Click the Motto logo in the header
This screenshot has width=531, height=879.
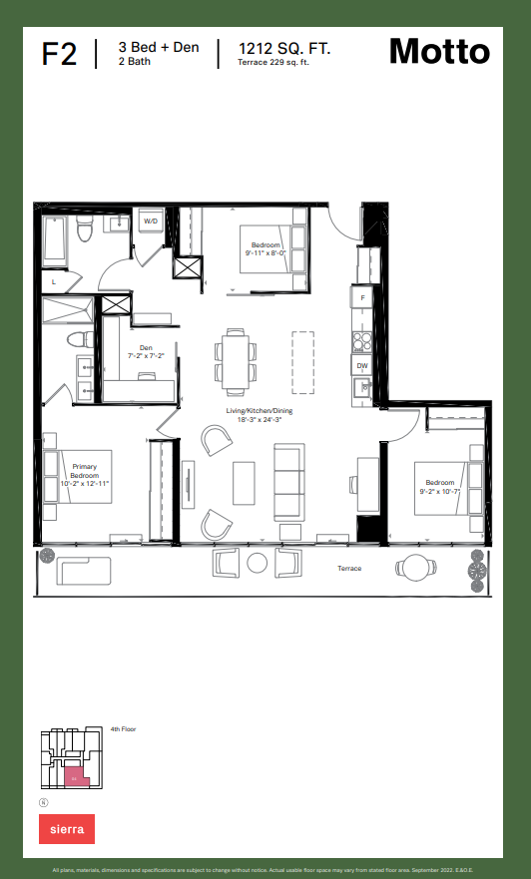pyautogui.click(x=439, y=51)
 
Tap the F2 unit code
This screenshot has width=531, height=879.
pyautogui.click(x=59, y=54)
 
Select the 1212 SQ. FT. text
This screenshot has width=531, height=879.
pyautogui.click(x=284, y=47)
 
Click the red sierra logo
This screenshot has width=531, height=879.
pyautogui.click(x=67, y=828)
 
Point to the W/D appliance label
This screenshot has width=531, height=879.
pyautogui.click(x=151, y=220)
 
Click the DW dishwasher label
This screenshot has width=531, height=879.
pyautogui.click(x=361, y=366)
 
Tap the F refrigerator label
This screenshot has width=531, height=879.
pyautogui.click(x=361, y=298)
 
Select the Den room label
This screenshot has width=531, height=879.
pyautogui.click(x=145, y=348)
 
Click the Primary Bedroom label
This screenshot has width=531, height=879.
pyautogui.click(x=85, y=470)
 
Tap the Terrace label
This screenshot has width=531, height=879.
pyautogui.click(x=349, y=569)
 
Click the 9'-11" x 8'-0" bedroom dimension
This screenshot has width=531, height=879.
pyautogui.click(x=265, y=253)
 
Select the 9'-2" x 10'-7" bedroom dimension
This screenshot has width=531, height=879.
pyautogui.click(x=439, y=490)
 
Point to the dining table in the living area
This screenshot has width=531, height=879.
pyautogui.click(x=237, y=361)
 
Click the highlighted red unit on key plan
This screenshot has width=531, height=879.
pyautogui.click(x=75, y=775)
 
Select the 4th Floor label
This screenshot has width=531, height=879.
pyautogui.click(x=123, y=729)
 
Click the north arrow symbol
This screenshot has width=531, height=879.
pyautogui.click(x=44, y=802)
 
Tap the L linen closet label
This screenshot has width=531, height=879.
pyautogui.click(x=53, y=282)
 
